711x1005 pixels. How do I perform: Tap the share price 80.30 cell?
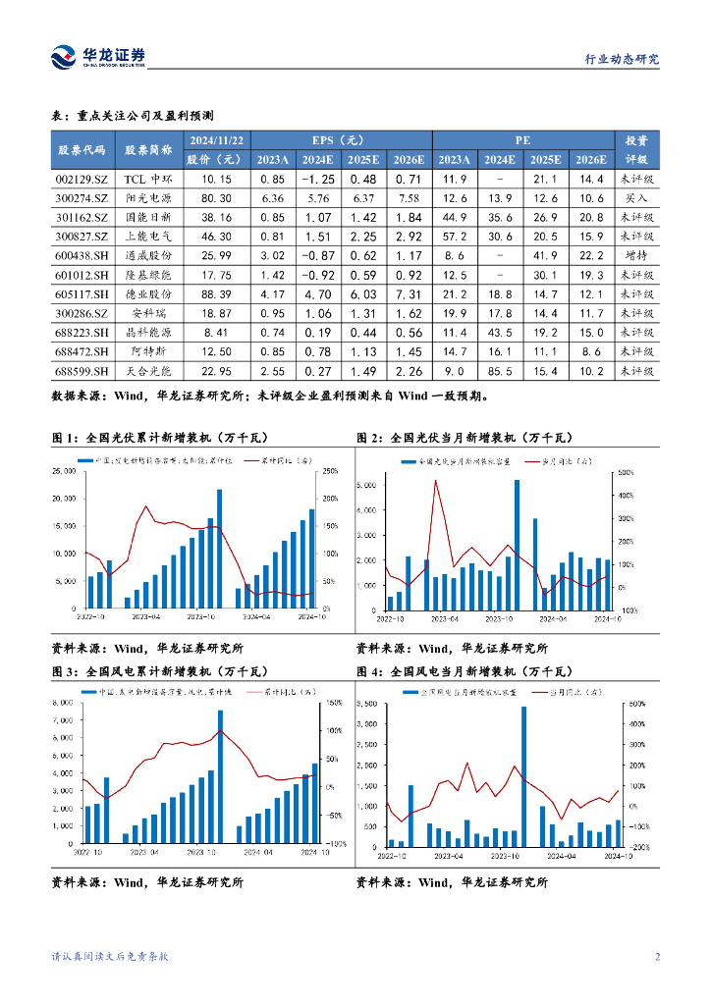(216, 198)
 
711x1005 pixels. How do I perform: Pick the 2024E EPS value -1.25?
(317, 180)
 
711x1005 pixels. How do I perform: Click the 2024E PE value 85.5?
(500, 372)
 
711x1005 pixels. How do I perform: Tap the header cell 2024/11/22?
(216, 140)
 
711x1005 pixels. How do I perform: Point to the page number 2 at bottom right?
(657, 957)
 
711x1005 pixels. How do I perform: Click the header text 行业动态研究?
(615, 59)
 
